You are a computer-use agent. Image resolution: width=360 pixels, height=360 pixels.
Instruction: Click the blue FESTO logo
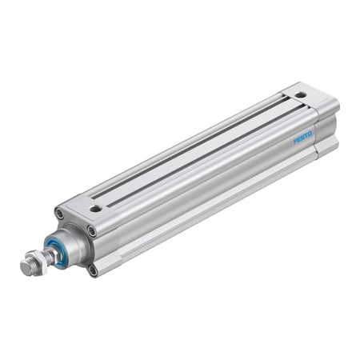tap(305, 138)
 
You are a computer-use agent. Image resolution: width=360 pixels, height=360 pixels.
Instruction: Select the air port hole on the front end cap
tap(95, 209)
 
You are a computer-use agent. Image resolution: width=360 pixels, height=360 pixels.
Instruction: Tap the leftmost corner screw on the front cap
tap(59, 214)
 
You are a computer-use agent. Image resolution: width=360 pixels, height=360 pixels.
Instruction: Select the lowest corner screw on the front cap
tap(93, 270)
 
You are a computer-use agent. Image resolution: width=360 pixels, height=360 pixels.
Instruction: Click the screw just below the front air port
tap(92, 231)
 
